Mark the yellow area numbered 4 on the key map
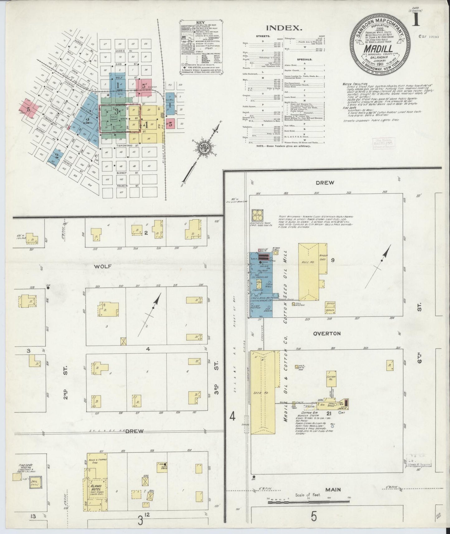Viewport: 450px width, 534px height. click(145, 125)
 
